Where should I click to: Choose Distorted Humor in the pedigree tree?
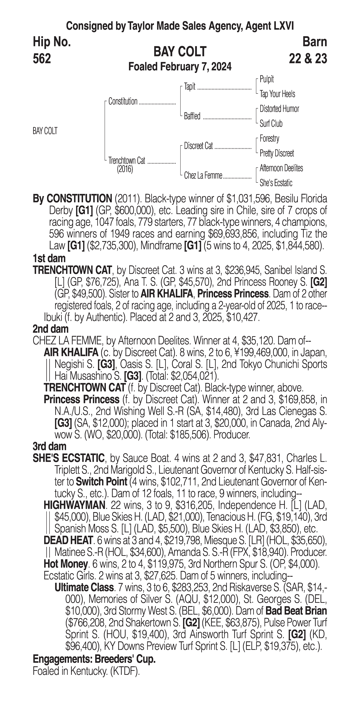(x=279, y=109)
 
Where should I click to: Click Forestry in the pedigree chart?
(x=269, y=138)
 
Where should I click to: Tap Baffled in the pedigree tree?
(x=192, y=116)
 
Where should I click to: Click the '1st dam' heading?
(x=49, y=258)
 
